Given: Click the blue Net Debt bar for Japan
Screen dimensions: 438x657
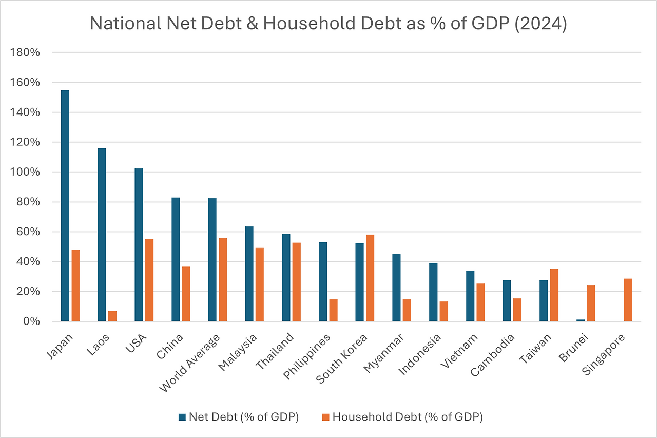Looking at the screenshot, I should pos(65,205).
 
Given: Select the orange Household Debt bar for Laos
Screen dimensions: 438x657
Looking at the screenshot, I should pos(112,316).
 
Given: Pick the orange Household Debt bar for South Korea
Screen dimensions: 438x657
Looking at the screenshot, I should pos(370,278).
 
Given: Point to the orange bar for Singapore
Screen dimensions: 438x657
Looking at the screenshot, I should pos(628,300).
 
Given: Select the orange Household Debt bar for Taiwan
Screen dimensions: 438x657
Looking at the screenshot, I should pos(554,295).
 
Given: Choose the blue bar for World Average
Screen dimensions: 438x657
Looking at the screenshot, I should pos(212,259).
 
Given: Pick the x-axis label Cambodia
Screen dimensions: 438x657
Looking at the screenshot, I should pos(494,353).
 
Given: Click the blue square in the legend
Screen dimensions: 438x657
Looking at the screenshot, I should pos(182,417).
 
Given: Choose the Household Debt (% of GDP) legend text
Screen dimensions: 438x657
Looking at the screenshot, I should pos(408,417).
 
